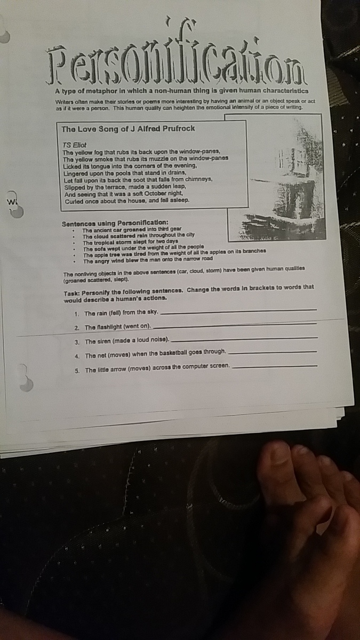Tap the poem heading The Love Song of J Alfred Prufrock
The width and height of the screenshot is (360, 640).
pos(128,129)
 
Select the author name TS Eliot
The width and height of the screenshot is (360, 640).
pos(74,145)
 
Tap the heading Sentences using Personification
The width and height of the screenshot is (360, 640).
pos(115,223)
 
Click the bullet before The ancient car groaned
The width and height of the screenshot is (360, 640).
pos(74,230)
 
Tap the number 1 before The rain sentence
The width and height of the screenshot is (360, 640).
pos(76,314)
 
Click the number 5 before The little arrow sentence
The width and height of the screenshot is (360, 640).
pos(77,371)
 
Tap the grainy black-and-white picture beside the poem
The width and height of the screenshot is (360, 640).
pos(276,177)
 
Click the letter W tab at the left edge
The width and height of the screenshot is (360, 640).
pos(11,202)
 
